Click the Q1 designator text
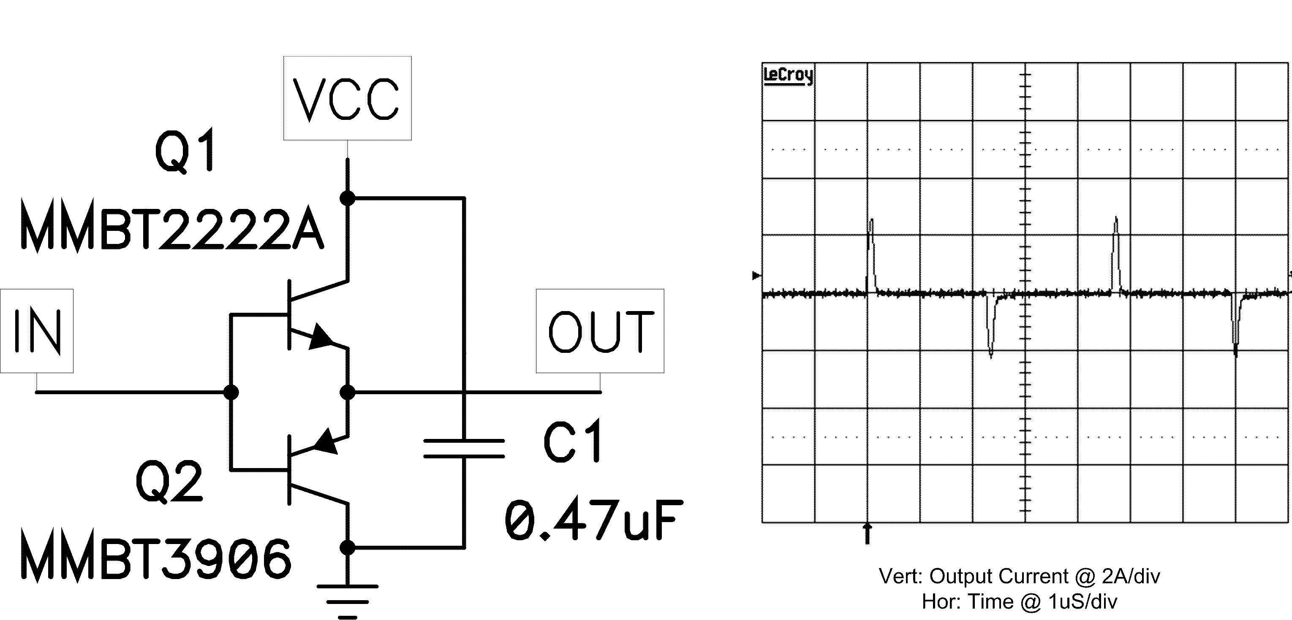(185, 150)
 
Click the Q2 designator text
(169, 482)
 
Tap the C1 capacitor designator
(572, 441)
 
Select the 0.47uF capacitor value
(594, 521)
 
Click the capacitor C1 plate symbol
(464, 449)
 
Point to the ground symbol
(347, 601)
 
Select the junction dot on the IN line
(231, 392)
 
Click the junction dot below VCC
(347, 198)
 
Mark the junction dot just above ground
(347, 547)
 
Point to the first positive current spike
(872, 256)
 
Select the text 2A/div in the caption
(1131, 577)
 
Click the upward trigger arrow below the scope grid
(867, 533)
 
